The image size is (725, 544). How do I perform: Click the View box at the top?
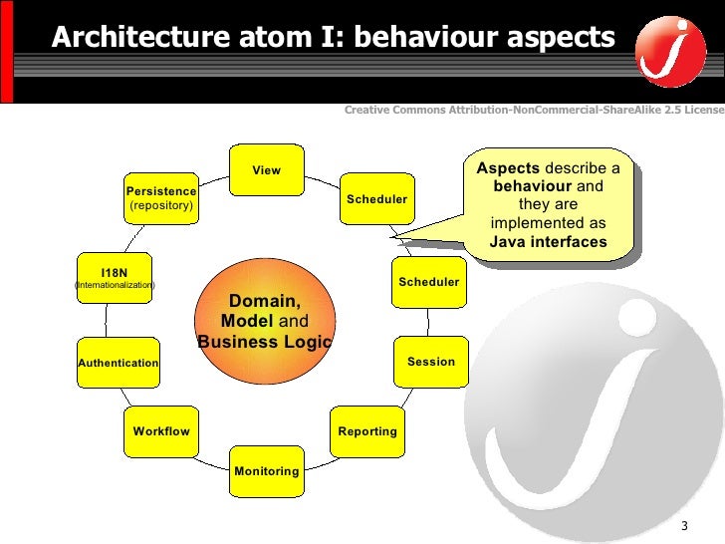point(266,170)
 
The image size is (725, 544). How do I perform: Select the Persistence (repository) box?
point(160,197)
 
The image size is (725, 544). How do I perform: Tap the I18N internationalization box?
point(115,278)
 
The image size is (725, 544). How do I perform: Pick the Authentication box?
point(118,363)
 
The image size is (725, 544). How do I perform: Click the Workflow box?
point(161,431)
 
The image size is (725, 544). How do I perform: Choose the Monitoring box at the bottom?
point(266,470)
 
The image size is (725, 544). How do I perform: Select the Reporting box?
point(367,431)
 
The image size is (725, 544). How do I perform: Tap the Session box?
point(430,362)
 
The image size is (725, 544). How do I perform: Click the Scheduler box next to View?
point(376,199)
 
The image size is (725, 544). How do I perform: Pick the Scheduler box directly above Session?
point(428,282)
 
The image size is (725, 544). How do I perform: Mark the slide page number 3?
point(684,526)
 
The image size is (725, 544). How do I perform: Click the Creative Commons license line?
point(533,108)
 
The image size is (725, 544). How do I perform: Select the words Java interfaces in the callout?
point(548,242)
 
